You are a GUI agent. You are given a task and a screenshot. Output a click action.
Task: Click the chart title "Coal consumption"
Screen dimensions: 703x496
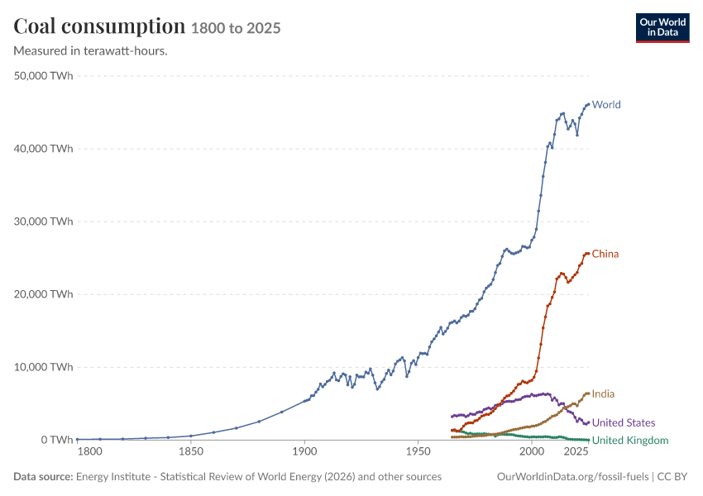[99, 26]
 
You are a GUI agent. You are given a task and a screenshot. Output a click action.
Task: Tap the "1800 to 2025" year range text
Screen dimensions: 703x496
[236, 28]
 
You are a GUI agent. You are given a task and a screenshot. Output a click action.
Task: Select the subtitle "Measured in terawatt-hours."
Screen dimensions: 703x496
[91, 50]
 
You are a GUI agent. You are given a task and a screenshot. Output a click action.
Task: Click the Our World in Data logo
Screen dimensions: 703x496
[662, 28]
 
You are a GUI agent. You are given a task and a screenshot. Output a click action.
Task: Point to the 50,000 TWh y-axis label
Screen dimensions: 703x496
[43, 76]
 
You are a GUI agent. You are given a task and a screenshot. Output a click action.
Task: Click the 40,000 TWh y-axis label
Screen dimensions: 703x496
[43, 149]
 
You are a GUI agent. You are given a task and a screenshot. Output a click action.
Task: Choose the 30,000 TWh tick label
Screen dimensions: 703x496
[43, 222]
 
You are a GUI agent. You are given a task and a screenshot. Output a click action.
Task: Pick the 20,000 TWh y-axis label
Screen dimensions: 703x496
[43, 294]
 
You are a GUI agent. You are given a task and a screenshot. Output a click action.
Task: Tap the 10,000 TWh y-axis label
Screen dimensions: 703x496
[43, 367]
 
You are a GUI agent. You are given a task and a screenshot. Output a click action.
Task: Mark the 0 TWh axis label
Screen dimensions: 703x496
[57, 440]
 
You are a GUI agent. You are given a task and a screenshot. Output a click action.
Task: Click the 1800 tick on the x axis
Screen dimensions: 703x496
[89, 451]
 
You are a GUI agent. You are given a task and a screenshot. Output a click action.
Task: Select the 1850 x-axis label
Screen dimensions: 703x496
[191, 451]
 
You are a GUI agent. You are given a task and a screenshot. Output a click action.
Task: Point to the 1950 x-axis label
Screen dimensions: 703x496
[418, 451]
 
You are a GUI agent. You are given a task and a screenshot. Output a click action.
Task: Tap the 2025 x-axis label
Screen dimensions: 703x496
[576, 451]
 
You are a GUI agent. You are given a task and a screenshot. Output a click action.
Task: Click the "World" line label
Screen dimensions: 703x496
[606, 104]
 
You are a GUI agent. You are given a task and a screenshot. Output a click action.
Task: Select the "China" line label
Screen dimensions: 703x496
[605, 254]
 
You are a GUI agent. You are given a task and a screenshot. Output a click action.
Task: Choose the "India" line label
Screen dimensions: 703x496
[603, 393]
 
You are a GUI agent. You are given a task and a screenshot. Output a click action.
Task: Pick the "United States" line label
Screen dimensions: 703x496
[624, 422]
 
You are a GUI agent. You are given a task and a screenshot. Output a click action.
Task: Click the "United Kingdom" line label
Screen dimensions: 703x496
[630, 441]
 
